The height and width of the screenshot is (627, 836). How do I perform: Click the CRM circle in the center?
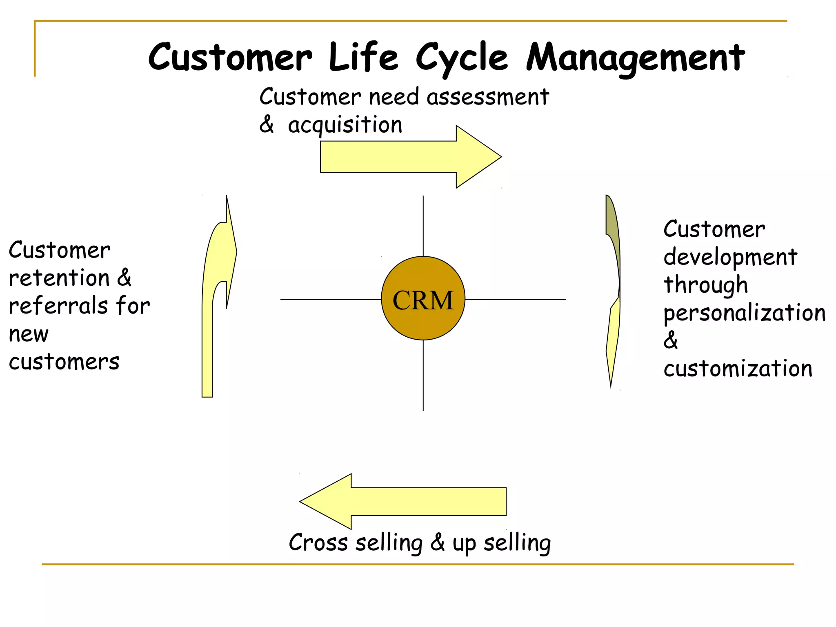coord(423,298)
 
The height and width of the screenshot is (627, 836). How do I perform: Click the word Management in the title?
coord(635,58)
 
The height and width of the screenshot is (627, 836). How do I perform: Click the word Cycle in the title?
coord(462,58)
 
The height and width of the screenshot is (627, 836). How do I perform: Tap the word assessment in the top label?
coord(487,97)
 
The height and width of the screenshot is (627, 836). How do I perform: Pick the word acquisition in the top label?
coord(345,125)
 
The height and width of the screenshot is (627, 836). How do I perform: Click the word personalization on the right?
coord(744,313)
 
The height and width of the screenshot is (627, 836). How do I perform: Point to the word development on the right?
coord(730,258)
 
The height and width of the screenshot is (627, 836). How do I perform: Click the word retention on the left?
coord(59,278)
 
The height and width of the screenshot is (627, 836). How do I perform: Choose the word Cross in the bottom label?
coord(318,543)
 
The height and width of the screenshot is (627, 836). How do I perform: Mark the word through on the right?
coord(705,285)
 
